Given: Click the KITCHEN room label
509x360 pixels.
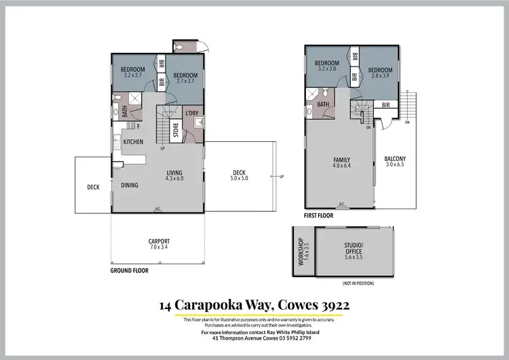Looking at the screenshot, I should coord(133,141).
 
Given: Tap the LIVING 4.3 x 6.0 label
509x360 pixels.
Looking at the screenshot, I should coord(175,175).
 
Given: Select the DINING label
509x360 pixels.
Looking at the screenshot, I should coord(130,185).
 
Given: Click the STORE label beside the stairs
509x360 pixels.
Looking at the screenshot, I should coord(174,129).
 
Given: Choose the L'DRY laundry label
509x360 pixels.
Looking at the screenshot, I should coord(192,113).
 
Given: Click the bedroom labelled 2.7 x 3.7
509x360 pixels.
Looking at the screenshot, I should coord(185,78).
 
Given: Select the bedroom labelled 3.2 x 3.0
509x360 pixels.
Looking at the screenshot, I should coord(326,65).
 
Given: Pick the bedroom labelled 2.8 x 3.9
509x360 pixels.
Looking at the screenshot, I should coord(380,73).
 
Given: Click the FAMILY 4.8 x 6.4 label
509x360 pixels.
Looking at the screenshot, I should coord(341,162).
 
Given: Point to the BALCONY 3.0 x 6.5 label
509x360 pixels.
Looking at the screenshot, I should coord(395,162).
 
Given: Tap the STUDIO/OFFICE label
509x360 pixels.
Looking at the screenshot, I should coord(354,251).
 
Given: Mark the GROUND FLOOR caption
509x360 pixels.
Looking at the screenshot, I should coord(129,270).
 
